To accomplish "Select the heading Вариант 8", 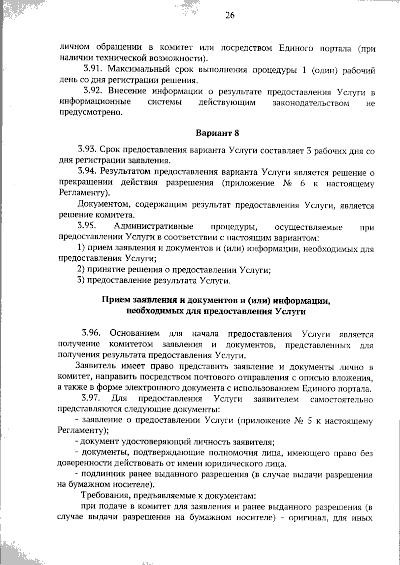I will click(x=217, y=133).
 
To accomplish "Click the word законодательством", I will click(x=311, y=103).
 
